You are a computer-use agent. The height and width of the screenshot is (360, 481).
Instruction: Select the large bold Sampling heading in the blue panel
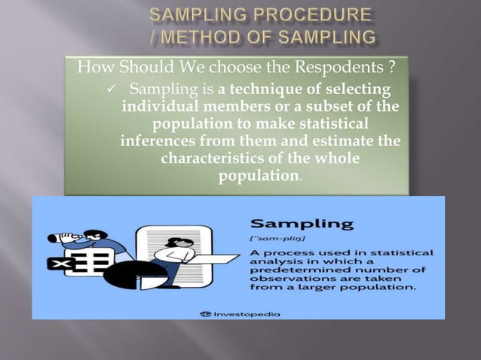click(x=302, y=224)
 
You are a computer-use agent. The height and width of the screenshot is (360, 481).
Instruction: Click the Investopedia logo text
click(x=244, y=313)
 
